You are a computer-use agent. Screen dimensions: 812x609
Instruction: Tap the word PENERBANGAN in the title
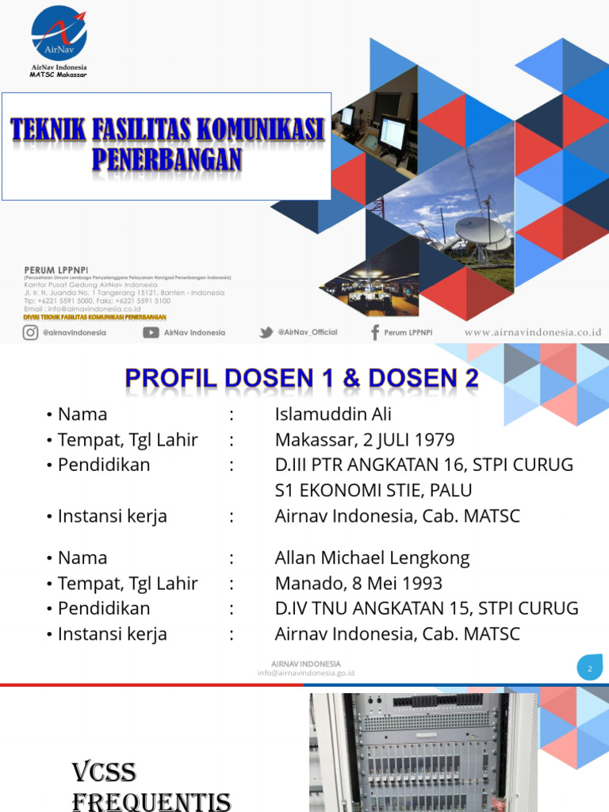pyautogui.click(x=166, y=160)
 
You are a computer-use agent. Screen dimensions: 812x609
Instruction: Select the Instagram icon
pyautogui.click(x=30, y=332)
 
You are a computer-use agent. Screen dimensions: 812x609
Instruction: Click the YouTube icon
pyautogui.click(x=151, y=332)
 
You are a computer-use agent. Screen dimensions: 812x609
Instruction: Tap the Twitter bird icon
pyautogui.click(x=266, y=332)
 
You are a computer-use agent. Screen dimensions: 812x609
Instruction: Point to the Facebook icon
pyautogui.click(x=374, y=332)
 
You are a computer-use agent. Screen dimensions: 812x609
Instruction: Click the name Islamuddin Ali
pyautogui.click(x=333, y=415)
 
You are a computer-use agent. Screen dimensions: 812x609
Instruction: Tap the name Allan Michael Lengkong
pyautogui.click(x=372, y=557)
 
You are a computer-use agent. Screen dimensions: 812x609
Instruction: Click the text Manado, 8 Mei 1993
pyautogui.click(x=358, y=584)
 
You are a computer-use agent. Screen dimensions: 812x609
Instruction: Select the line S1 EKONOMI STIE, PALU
pyautogui.click(x=373, y=491)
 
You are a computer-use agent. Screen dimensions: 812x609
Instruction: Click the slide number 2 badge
pyautogui.click(x=589, y=668)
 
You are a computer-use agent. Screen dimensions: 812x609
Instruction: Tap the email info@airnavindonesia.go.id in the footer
pyautogui.click(x=305, y=673)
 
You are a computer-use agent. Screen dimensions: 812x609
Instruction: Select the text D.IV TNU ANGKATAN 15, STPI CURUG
pyautogui.click(x=427, y=609)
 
